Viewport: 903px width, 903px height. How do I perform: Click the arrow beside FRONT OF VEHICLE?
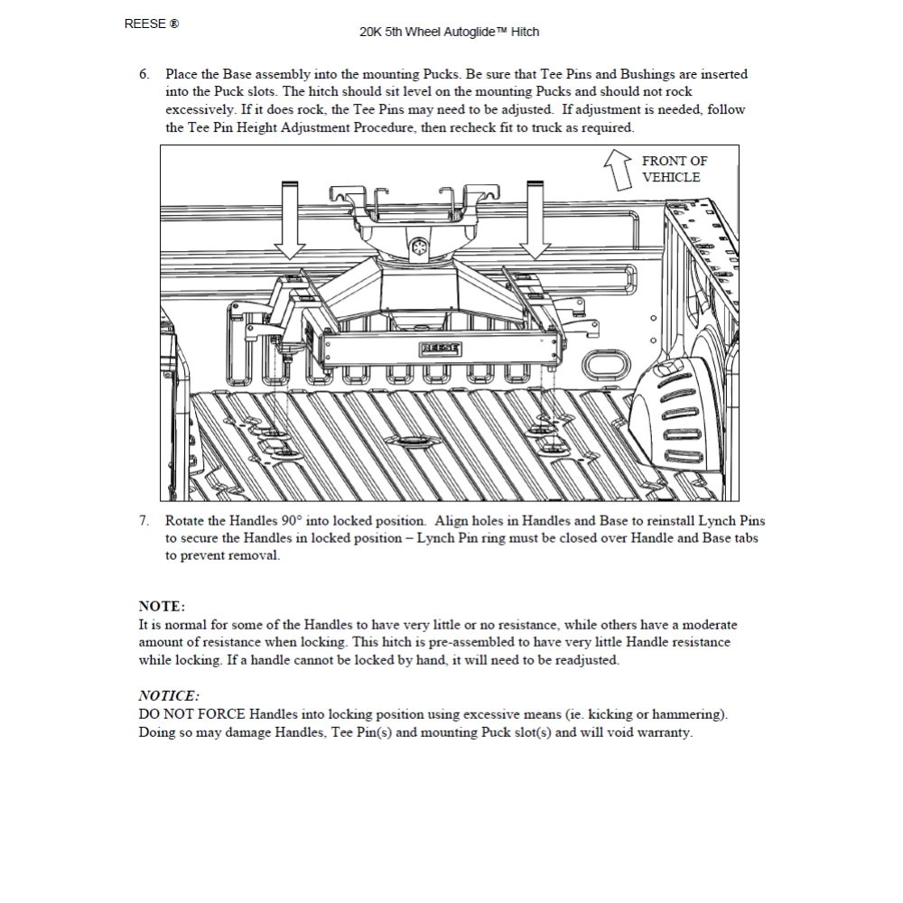(619, 169)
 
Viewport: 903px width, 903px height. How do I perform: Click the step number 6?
(144, 74)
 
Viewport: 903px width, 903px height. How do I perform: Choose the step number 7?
(144, 521)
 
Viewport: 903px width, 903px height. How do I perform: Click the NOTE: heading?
(162, 606)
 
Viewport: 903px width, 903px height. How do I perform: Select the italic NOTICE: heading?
(169, 695)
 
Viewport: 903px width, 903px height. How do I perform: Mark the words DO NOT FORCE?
(192, 714)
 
